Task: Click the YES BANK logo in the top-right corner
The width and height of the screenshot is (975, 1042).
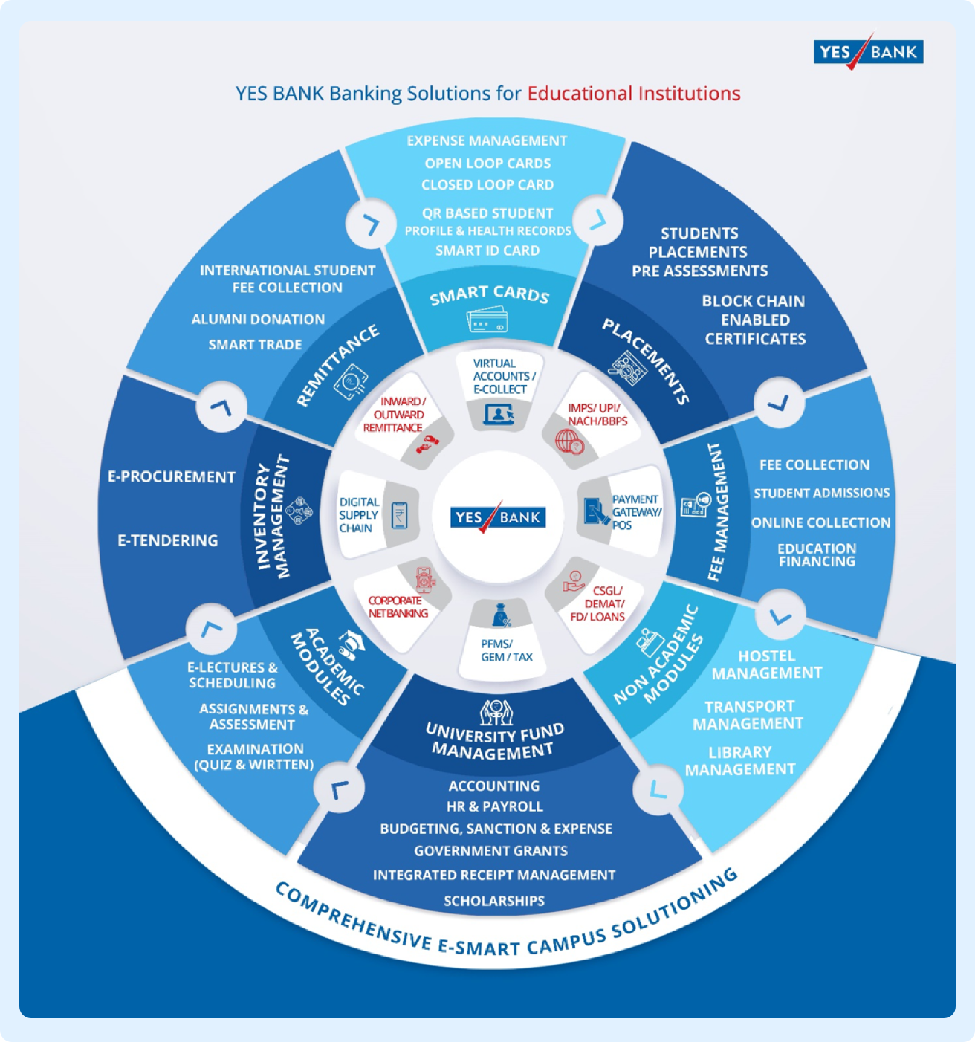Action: [x=869, y=51]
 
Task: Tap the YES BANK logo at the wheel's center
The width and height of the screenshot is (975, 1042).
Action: [x=497, y=517]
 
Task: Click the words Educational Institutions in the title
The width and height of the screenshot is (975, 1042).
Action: [x=634, y=94]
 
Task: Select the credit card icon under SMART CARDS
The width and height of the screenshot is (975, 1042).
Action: [x=487, y=319]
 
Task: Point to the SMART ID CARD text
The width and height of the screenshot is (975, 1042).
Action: [x=487, y=250]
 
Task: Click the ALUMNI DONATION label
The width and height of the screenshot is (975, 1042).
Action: [x=258, y=319]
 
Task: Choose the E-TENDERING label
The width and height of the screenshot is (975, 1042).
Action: [x=167, y=540]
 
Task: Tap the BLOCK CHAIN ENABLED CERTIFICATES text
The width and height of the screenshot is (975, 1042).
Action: [x=754, y=320]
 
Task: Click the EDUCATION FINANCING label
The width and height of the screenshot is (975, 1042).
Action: [x=817, y=555]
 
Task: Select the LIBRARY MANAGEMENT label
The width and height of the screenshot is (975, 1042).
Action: [x=740, y=761]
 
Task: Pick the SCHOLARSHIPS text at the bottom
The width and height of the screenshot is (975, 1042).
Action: [x=494, y=901]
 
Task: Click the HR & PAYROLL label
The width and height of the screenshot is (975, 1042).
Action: [x=494, y=806]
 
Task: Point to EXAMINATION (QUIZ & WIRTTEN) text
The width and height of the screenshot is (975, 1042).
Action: [x=254, y=757]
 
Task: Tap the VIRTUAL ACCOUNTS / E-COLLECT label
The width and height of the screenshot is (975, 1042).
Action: [x=503, y=376]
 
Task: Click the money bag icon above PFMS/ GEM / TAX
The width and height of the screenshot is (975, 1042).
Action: [x=501, y=615]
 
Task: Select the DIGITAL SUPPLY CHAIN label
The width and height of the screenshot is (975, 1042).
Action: [x=359, y=515]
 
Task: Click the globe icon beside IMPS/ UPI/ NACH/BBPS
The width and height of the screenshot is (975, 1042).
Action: [x=569, y=441]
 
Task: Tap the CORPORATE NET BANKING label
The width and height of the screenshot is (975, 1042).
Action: [x=398, y=606]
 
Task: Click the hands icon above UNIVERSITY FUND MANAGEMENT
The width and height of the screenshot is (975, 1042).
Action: [x=496, y=713]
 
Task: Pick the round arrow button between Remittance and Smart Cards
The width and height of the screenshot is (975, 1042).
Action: [x=371, y=224]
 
